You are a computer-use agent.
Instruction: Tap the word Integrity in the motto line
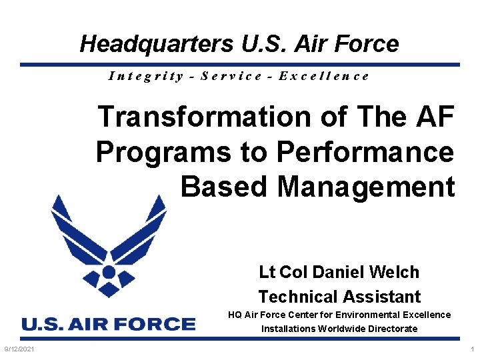146,75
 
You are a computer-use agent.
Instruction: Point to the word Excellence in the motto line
324,75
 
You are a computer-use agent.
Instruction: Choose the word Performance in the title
365,152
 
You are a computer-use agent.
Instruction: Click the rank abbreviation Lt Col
283,272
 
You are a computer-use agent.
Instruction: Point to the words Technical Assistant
339,297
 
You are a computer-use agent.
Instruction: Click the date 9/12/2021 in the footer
19,349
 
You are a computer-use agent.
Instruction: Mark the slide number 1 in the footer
472,349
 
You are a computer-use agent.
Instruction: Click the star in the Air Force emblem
108,272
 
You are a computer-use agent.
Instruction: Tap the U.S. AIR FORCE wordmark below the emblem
109,325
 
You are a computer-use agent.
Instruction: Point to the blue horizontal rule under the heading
240,65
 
